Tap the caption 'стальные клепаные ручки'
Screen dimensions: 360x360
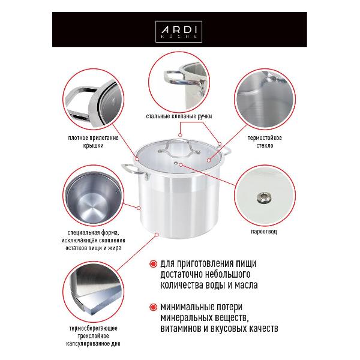pos(179,115)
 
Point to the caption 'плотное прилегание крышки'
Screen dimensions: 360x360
pos(94,141)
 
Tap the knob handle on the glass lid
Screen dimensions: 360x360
pos(178,143)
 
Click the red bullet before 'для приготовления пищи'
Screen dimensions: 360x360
pos(154,263)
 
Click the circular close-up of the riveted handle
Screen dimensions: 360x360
pos(179,79)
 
